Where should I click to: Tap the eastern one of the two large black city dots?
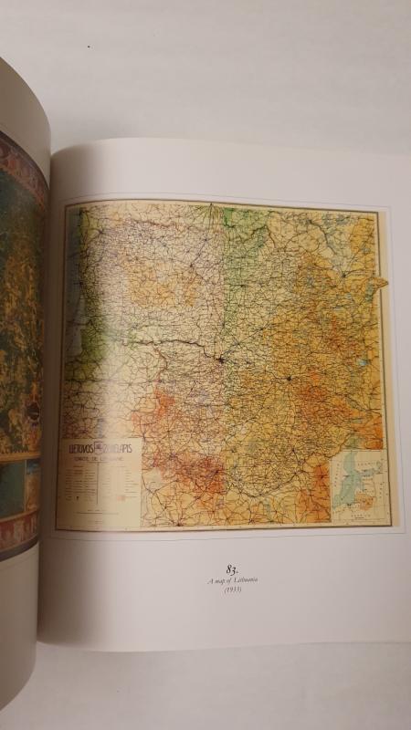289,376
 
